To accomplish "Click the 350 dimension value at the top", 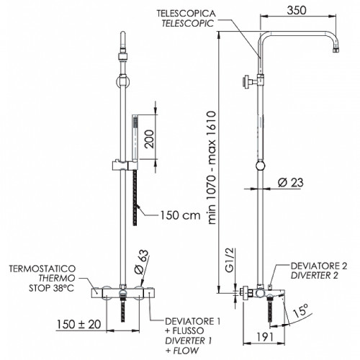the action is coord(297,10).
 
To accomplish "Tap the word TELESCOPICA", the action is coord(186,14).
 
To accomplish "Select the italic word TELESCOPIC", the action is coord(187,23).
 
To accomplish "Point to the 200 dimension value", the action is coord(149,139).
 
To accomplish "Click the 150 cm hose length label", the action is coord(180,215).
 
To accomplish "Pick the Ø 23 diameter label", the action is coord(291,182).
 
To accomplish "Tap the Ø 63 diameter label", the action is coord(142,262).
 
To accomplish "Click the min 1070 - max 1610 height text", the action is coord(212,167).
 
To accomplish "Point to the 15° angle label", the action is coord(300,310).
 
